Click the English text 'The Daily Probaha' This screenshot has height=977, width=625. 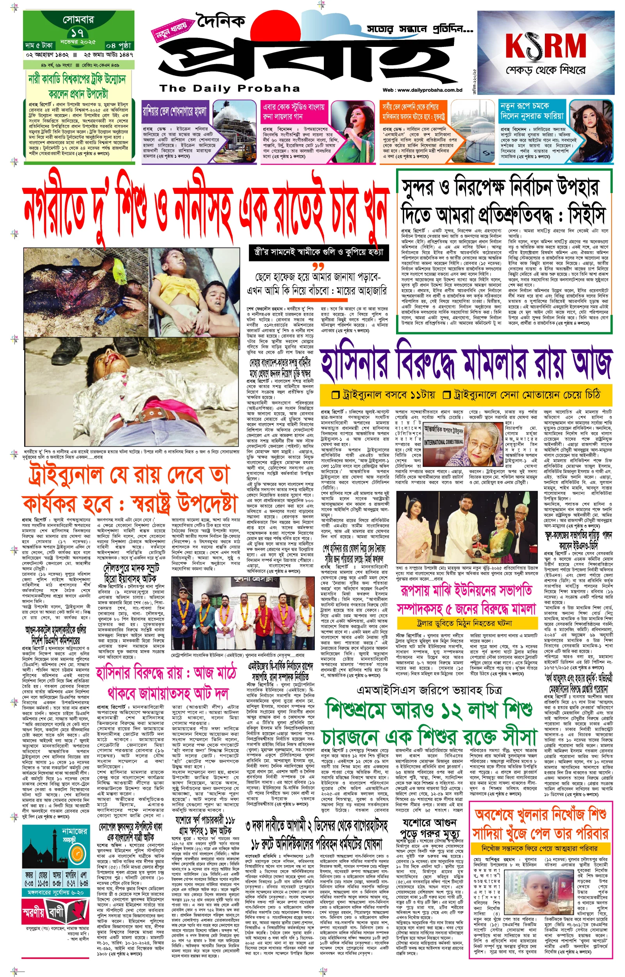click(229, 88)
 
